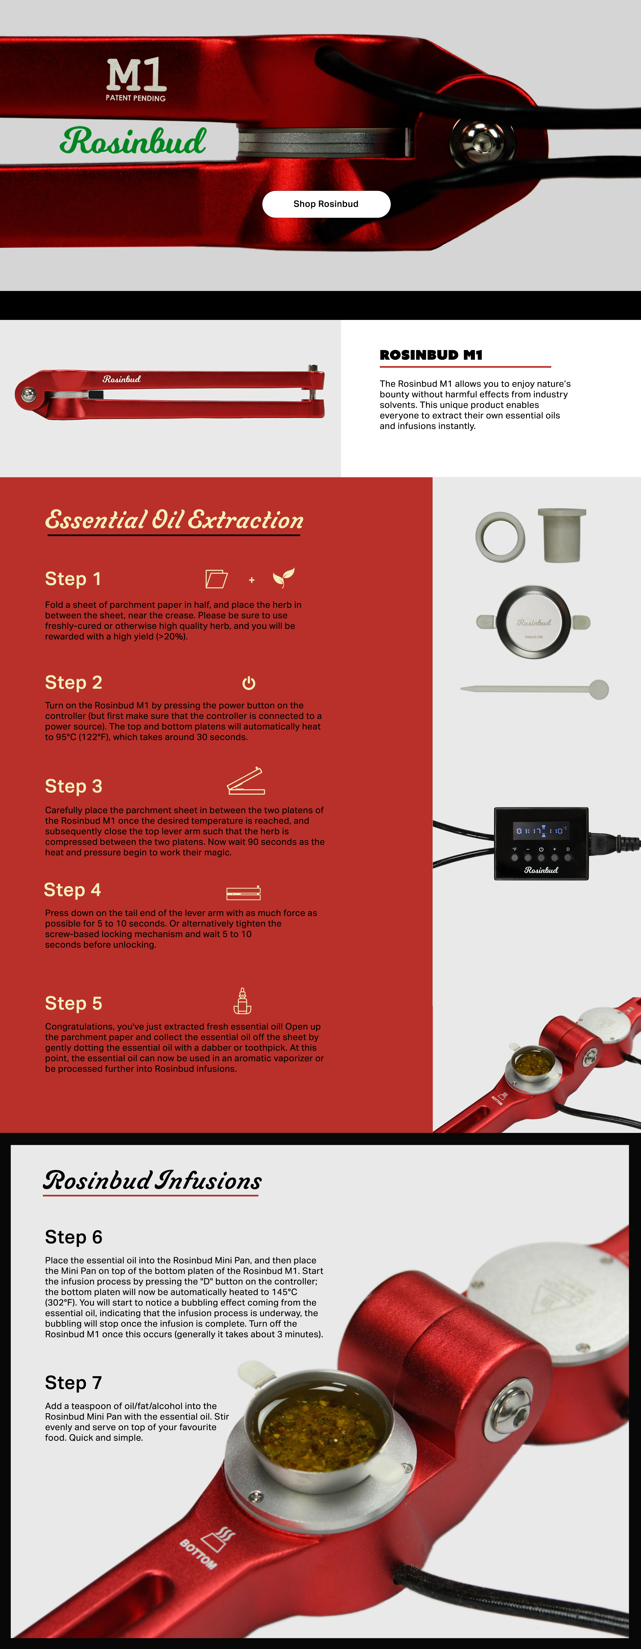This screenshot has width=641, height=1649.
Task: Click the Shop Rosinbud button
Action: pyautogui.click(x=326, y=204)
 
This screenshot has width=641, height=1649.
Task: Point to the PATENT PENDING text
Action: pyautogui.click(x=136, y=98)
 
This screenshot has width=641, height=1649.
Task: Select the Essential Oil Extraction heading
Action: pyautogui.click(x=174, y=520)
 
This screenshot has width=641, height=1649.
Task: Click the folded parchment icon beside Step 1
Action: pyautogui.click(x=216, y=579)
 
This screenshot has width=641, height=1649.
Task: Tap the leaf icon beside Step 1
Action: pyautogui.click(x=283, y=577)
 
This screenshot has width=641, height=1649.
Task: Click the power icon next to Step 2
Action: pyautogui.click(x=249, y=683)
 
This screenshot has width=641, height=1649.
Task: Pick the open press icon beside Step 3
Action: pyautogui.click(x=246, y=781)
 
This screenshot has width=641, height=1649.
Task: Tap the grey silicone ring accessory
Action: pyautogui.click(x=500, y=536)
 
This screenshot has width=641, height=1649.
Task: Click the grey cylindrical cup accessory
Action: pyautogui.click(x=562, y=535)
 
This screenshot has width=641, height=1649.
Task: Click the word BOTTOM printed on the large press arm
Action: pyautogui.click(x=198, y=1554)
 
